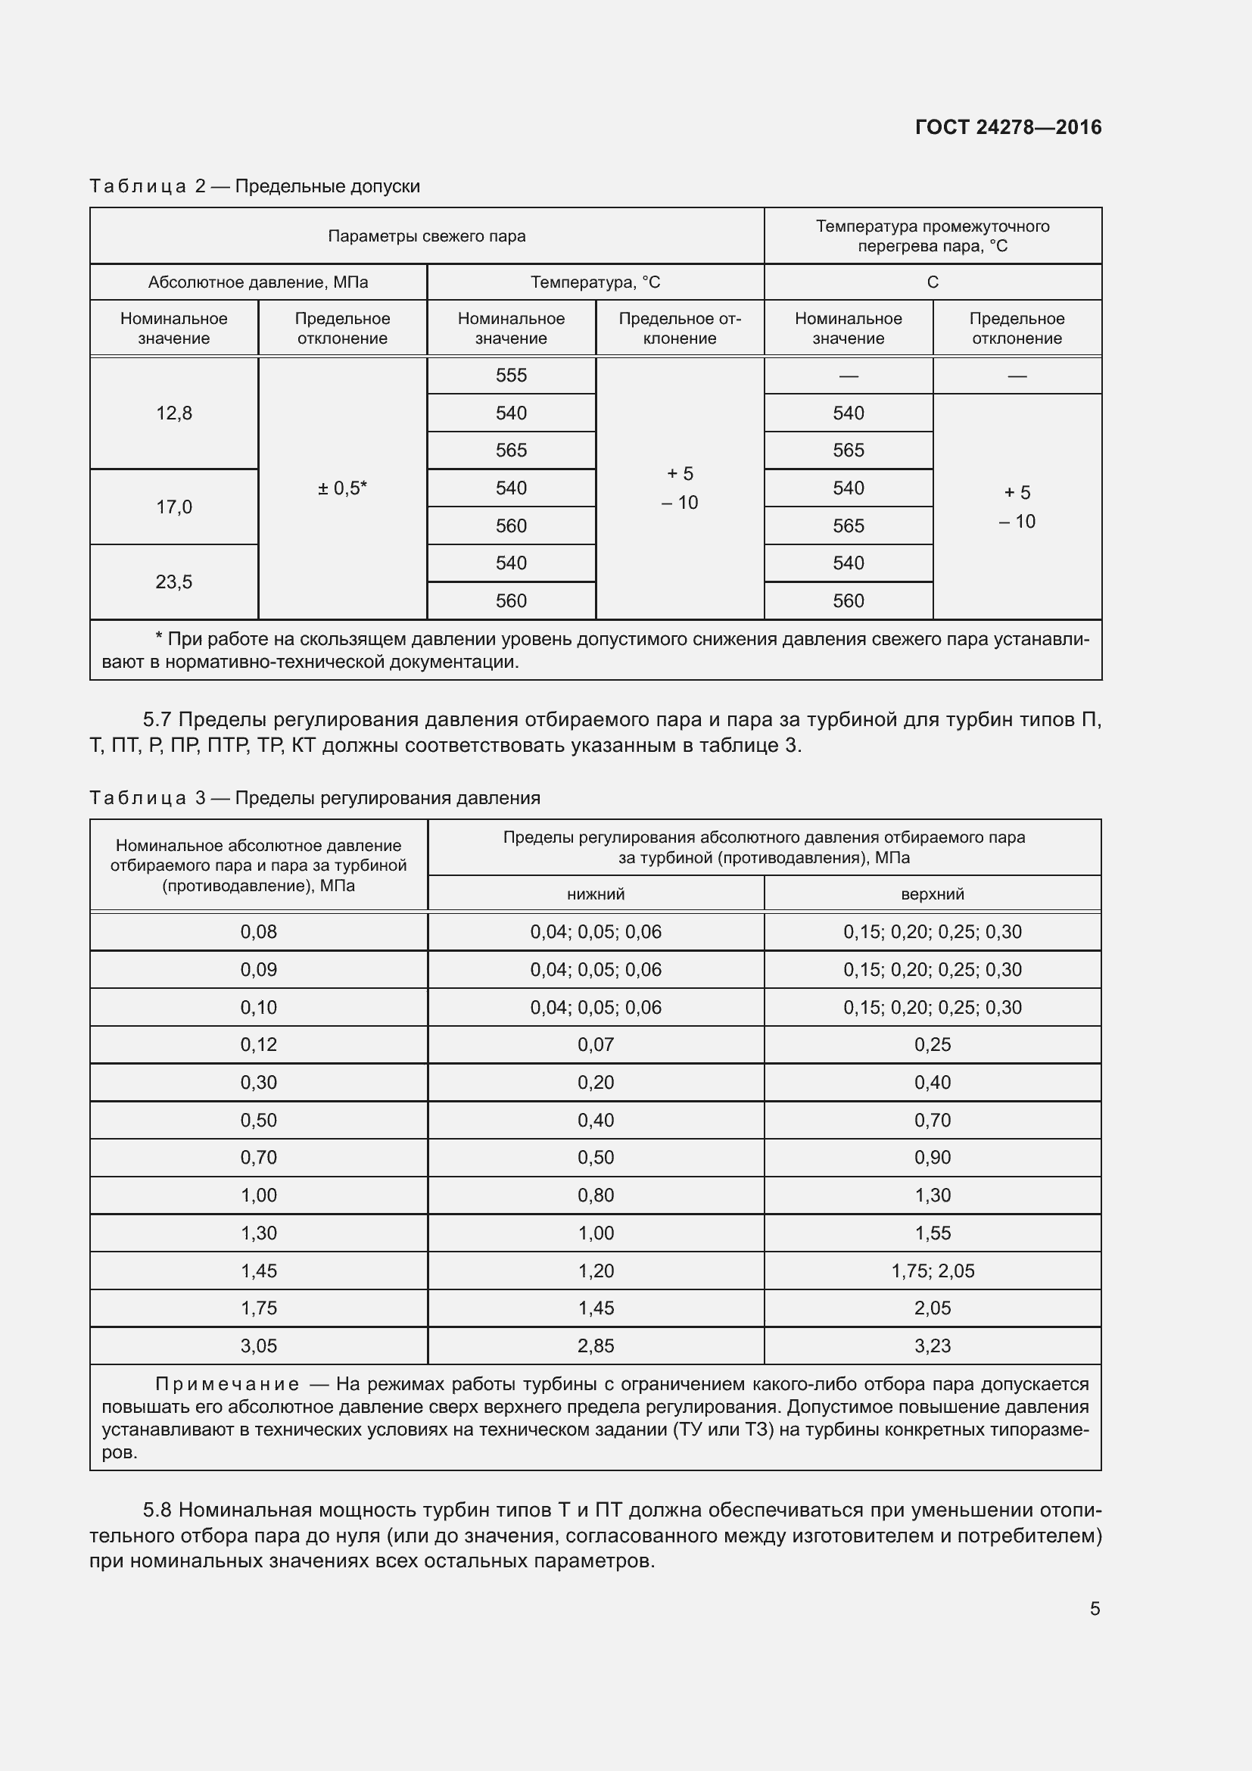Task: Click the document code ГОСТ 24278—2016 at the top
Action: click(1008, 127)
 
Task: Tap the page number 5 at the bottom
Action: click(1095, 1608)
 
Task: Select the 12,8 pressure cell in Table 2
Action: click(174, 413)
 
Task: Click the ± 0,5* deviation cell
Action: click(342, 488)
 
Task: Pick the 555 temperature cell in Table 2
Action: click(511, 376)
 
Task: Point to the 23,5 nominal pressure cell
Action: click(174, 581)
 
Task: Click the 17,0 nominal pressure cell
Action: click(174, 507)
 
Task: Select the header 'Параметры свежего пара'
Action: click(426, 236)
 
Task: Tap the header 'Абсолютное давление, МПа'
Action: click(258, 282)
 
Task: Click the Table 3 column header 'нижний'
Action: click(596, 894)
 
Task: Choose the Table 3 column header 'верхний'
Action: click(932, 894)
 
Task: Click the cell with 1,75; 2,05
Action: click(932, 1271)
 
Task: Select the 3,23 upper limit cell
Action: click(932, 1346)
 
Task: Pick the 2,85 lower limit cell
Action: click(596, 1346)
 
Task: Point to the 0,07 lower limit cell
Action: click(596, 1044)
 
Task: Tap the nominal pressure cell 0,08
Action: click(258, 932)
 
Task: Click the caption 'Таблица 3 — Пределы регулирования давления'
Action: click(315, 797)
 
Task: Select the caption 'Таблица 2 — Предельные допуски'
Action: click(254, 186)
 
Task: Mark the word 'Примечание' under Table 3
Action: click(227, 1384)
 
